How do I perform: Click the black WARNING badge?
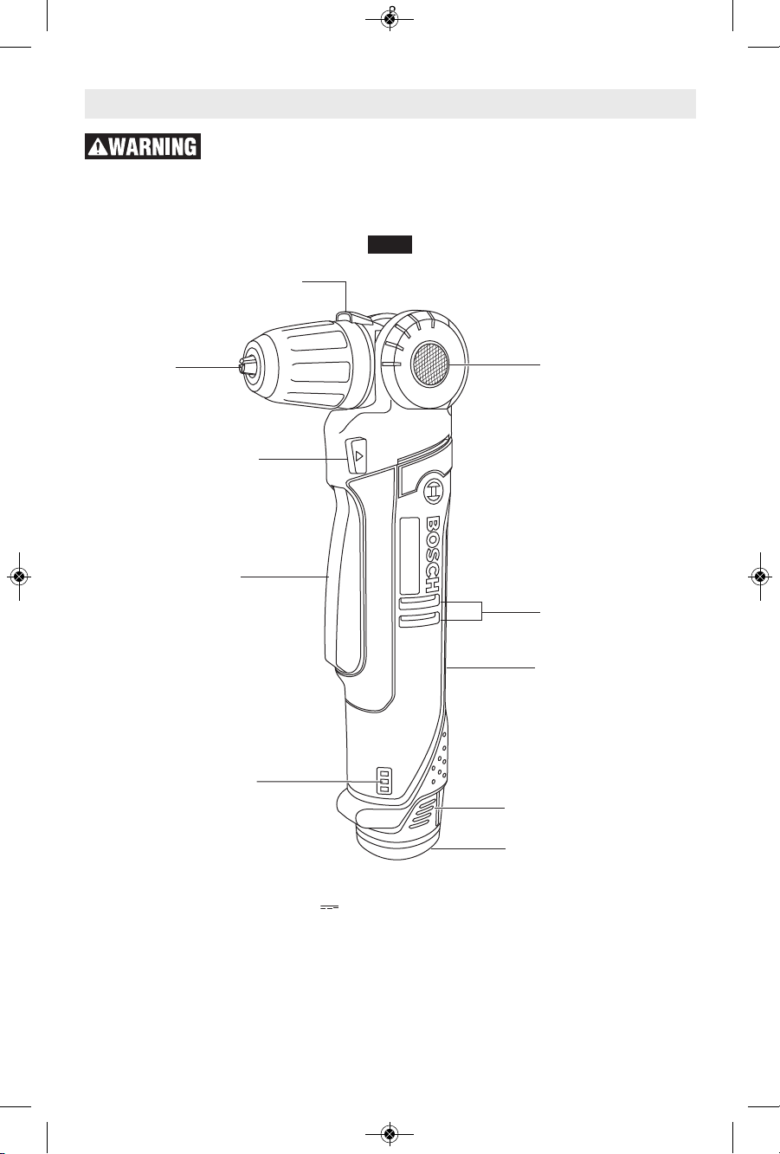(143, 146)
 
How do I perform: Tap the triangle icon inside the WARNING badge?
(97, 147)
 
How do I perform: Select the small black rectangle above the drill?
(390, 245)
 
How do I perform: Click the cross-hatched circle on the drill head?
(429, 364)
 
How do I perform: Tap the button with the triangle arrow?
(356, 455)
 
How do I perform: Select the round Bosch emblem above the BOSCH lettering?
(432, 493)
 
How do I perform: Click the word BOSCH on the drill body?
(432, 554)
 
